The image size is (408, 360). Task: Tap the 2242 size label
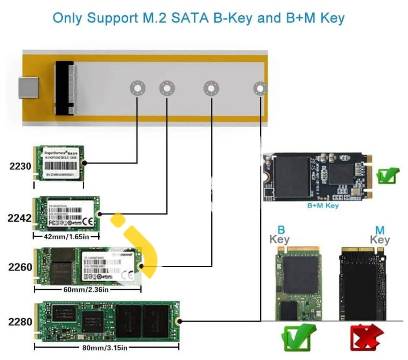tap(20, 218)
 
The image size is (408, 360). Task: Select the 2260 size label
tap(20, 267)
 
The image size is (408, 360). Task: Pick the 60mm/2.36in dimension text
tap(86, 289)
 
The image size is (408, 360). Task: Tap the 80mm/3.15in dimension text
tap(105, 348)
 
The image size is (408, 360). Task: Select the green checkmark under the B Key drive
tap(299, 337)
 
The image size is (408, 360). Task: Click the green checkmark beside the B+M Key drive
tap(388, 176)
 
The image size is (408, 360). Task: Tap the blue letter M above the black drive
tap(379, 230)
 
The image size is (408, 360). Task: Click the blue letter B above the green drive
tap(282, 230)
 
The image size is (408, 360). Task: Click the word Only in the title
tap(69, 18)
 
